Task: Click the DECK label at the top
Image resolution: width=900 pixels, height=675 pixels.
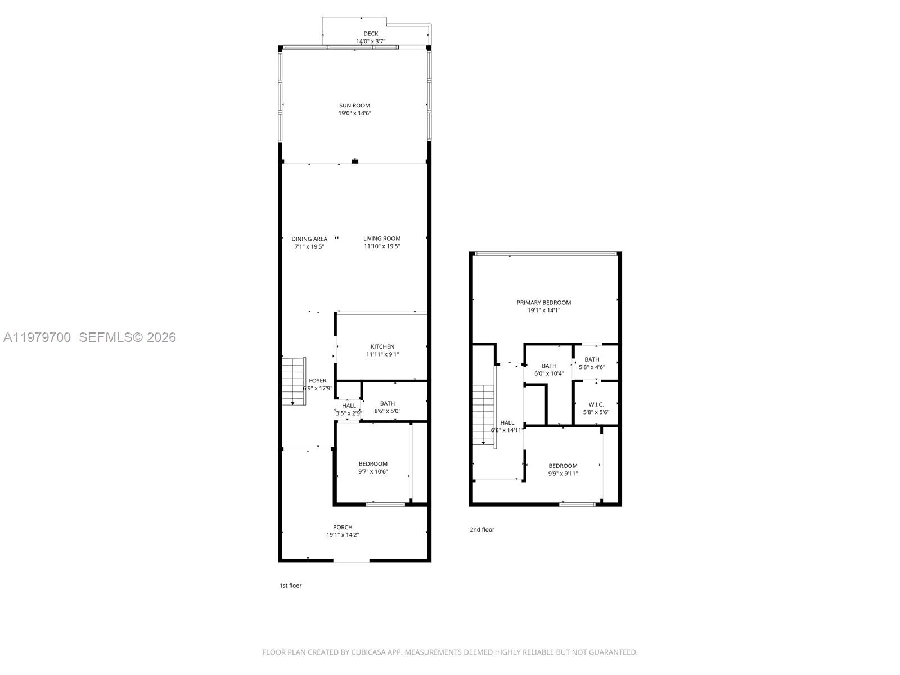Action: [371, 34]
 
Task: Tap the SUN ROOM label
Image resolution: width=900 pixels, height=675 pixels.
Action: [354, 105]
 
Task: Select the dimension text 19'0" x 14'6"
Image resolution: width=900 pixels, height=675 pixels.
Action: [354, 114]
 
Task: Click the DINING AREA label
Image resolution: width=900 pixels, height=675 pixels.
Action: [309, 239]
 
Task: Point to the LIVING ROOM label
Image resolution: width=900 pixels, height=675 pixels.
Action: [382, 238]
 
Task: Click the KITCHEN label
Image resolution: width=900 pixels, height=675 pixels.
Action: [382, 346]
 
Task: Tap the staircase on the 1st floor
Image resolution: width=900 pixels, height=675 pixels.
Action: [293, 381]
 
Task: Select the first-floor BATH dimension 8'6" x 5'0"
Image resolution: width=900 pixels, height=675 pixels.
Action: [387, 411]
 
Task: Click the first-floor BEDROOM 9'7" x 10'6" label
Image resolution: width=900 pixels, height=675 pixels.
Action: [373, 464]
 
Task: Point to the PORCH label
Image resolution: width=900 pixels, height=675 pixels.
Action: [343, 528]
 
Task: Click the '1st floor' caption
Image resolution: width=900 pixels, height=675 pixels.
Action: [291, 586]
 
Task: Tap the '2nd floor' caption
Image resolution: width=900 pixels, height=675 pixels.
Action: [482, 530]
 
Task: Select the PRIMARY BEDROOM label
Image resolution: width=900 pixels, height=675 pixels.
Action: [543, 303]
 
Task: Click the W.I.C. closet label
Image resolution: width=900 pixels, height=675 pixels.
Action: [596, 404]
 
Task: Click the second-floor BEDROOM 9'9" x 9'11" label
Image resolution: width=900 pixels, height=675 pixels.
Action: [563, 466]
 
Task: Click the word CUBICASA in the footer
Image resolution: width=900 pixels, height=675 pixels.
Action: [368, 652]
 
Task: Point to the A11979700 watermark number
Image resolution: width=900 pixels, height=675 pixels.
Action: [37, 337]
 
